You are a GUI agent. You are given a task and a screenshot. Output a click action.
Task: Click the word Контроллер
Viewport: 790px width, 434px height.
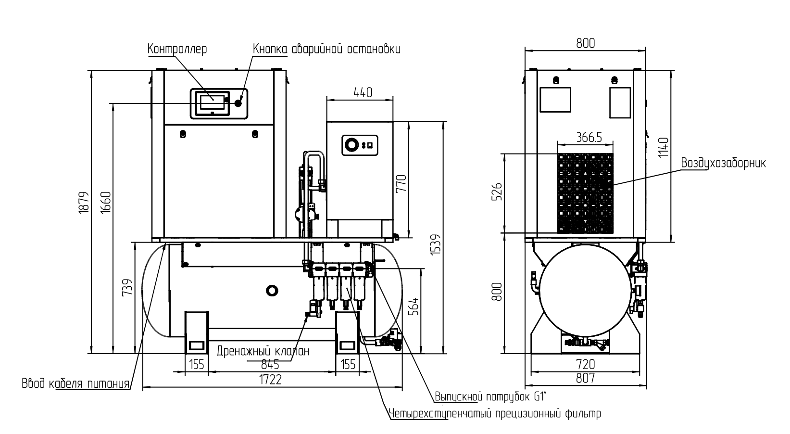[x=177, y=49]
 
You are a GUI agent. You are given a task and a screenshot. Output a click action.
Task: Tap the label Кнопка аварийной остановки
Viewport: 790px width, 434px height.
[x=326, y=49]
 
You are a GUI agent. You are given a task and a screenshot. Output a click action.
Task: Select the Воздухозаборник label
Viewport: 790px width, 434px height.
[x=723, y=163]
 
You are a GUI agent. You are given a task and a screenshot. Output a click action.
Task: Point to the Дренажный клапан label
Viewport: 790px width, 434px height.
[x=263, y=351]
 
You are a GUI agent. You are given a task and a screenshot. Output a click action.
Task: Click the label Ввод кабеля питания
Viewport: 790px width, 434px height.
[x=75, y=383]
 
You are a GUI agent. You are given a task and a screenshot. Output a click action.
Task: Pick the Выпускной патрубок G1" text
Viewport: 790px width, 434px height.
[x=490, y=396]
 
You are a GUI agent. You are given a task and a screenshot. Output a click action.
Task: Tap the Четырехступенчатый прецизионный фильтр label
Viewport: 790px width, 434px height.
[x=495, y=413]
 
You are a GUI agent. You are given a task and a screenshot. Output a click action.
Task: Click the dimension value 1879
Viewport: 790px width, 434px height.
[x=84, y=203]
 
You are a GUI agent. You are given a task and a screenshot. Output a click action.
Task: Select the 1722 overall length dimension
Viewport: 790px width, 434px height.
[x=271, y=380]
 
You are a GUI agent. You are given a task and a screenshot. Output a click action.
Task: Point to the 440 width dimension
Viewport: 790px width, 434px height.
[x=363, y=92]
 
